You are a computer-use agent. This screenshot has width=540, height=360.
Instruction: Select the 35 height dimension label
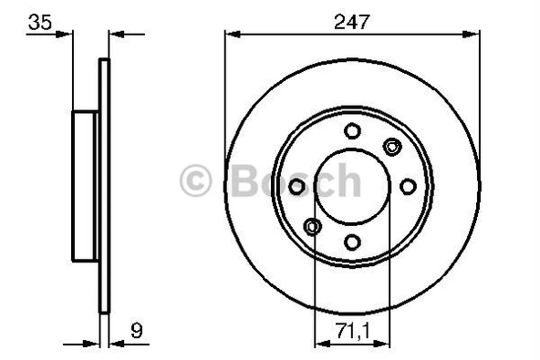37,21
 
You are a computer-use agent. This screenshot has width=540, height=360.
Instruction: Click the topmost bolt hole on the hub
352,130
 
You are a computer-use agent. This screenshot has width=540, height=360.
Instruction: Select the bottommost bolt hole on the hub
352,242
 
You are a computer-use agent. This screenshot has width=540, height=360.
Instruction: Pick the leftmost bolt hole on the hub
296,186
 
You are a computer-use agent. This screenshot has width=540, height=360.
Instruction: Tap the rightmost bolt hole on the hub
408,186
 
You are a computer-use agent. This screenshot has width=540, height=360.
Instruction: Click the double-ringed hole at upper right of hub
392,147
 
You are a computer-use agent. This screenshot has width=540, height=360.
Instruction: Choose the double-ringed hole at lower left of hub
313,226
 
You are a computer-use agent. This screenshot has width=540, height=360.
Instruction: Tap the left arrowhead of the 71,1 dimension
319,344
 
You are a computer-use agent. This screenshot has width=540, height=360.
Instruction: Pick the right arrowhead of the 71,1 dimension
385,344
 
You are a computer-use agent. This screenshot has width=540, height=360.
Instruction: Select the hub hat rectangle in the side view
86,186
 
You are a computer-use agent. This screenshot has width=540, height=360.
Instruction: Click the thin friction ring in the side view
104,186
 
